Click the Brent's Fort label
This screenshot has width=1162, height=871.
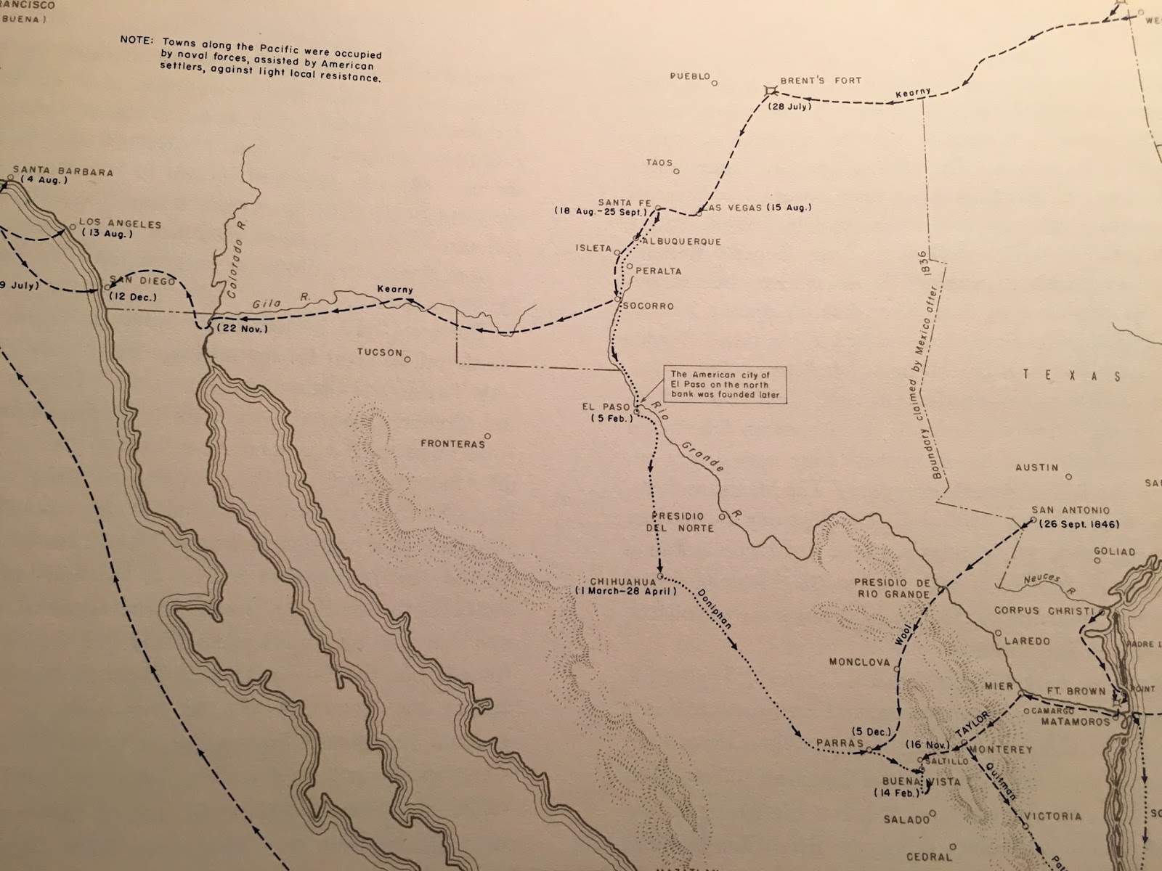tap(820, 81)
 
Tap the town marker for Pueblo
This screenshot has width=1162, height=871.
tap(714, 83)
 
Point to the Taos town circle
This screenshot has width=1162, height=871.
tap(676, 171)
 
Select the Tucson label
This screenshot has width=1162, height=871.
tap(379, 353)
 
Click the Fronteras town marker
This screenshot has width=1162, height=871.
tap(488, 436)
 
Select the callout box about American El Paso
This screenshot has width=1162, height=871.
tap(725, 385)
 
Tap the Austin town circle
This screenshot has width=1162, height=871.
tap(1068, 477)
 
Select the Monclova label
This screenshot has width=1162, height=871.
tap(859, 662)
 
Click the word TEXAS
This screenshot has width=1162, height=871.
tap(1072, 375)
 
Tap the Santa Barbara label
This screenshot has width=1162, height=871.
tap(62, 172)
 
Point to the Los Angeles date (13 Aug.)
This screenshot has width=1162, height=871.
tap(107, 234)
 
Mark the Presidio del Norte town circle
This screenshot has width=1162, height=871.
tap(722, 516)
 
